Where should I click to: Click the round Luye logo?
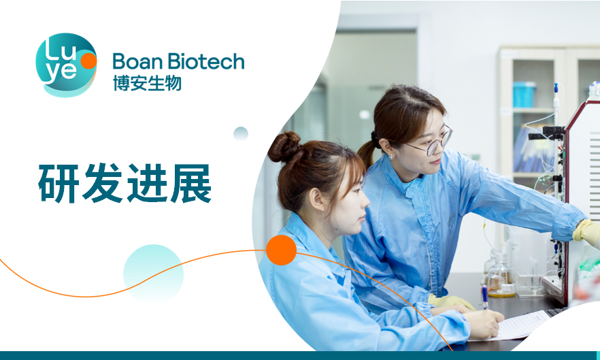click(66, 65)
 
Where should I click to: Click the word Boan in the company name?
click(137, 61)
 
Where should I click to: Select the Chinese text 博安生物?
click(147, 83)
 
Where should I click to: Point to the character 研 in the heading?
click(59, 184)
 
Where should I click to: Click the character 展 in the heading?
click(190, 184)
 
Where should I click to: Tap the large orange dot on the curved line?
click(281, 250)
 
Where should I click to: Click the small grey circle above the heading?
click(241, 133)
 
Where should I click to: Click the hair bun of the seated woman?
click(284, 146)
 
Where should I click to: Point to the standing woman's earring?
click(391, 157)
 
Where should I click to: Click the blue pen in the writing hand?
click(485, 297)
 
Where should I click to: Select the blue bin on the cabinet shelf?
click(524, 94)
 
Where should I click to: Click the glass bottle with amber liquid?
click(500, 276)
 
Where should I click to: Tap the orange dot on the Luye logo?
click(88, 61)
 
